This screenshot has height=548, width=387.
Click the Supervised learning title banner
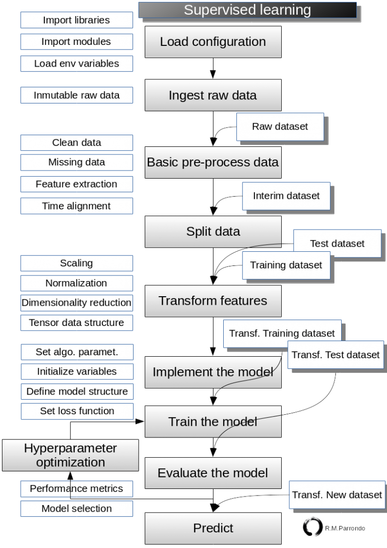247,10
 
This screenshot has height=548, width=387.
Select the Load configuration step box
213,42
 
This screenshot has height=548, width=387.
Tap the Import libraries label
77,20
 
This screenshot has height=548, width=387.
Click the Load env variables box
77,64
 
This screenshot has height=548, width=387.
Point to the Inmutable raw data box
77,95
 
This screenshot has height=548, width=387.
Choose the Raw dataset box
280,127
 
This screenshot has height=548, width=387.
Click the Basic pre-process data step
213,162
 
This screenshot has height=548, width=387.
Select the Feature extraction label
77,184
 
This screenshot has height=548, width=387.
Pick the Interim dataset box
286,195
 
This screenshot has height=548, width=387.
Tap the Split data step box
213,232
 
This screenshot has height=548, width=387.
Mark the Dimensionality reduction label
77,303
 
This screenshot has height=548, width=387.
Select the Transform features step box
213,301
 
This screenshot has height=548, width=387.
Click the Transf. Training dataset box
282,334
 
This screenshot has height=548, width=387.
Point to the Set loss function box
77,411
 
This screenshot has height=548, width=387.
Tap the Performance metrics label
77,488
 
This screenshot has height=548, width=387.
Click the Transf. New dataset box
337,495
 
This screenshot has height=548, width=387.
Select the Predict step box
213,528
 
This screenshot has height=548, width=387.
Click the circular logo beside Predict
313,527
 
